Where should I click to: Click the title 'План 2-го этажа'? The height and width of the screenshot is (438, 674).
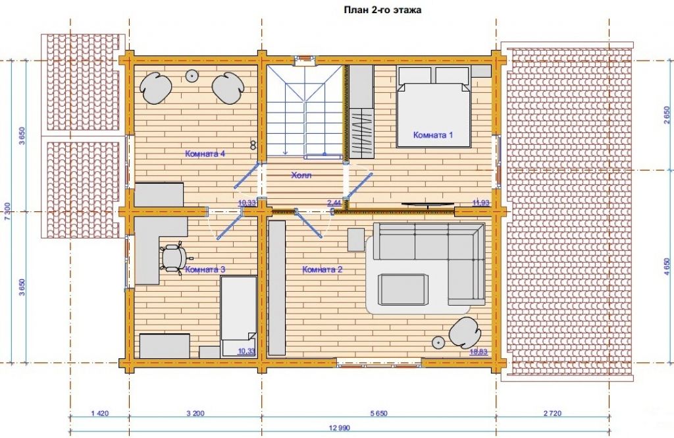(382, 10)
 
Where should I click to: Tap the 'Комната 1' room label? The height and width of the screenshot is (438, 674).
(433, 134)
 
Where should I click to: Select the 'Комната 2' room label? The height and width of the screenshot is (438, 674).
(323, 270)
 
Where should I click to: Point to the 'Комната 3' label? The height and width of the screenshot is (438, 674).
(205, 270)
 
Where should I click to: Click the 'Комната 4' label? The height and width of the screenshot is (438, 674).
(205, 153)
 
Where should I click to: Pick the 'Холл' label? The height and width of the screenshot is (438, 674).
(301, 175)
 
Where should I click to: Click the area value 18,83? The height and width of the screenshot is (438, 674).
(479, 352)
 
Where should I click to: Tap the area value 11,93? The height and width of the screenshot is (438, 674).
(480, 203)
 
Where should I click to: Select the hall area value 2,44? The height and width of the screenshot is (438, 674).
(334, 203)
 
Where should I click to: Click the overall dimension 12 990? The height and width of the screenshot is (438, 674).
(340, 427)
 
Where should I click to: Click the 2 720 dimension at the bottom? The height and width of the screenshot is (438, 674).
(552, 414)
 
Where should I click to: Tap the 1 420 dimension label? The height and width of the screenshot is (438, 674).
(100, 414)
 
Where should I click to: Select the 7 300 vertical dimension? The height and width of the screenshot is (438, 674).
(6, 211)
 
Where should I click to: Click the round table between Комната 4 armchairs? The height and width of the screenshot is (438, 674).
(191, 76)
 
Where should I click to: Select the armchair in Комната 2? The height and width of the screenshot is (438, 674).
(465, 332)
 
